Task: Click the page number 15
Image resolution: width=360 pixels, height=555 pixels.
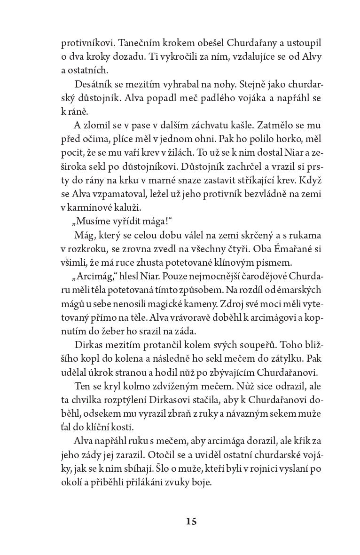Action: [x=191, y=521]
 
